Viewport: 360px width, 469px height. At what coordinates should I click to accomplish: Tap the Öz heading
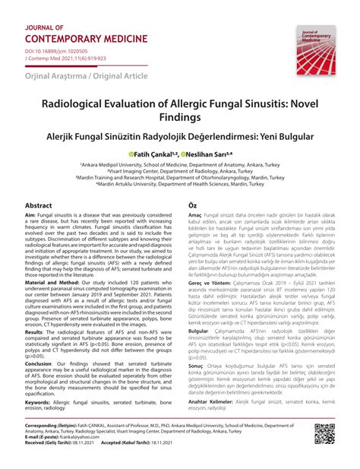[x=192, y=205]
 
